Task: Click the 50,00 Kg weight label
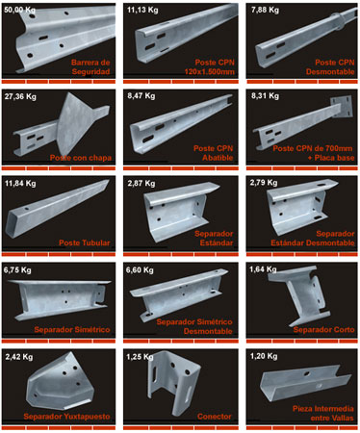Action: (x=19, y=10)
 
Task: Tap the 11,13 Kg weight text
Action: (x=142, y=10)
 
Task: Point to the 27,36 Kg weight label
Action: (x=20, y=96)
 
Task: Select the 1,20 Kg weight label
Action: (x=264, y=356)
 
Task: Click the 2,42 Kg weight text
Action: (x=19, y=357)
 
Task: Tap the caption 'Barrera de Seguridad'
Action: (x=90, y=67)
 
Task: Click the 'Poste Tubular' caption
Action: (x=85, y=242)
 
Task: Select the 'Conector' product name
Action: (x=215, y=417)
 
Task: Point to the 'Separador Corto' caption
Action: (x=323, y=329)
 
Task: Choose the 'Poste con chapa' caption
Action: (x=81, y=158)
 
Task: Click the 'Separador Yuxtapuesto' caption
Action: (x=66, y=417)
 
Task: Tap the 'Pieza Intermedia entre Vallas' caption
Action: (x=323, y=413)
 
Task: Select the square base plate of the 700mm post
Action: (x=342, y=106)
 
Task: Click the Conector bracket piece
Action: (x=174, y=382)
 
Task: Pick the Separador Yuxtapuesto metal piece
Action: (x=61, y=382)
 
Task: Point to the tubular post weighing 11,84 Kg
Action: (x=56, y=208)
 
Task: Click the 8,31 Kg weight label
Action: (x=265, y=96)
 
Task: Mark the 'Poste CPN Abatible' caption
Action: (x=213, y=153)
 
